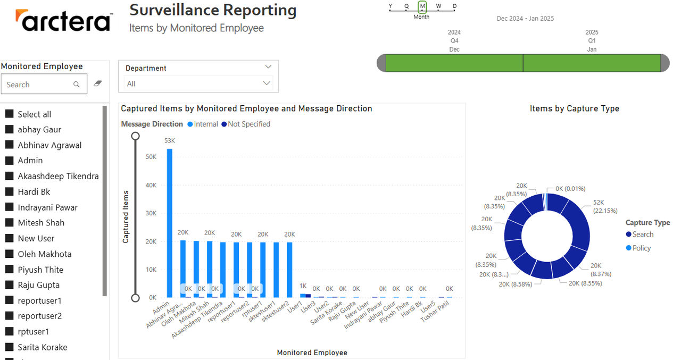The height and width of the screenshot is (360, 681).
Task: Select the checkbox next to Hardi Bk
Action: [x=10, y=191]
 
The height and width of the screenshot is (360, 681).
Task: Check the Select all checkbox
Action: [x=10, y=114]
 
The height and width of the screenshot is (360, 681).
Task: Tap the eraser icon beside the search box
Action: [x=97, y=83]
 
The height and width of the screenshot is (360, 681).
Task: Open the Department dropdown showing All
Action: [x=198, y=83]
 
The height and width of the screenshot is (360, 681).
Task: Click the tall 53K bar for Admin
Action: [x=170, y=223]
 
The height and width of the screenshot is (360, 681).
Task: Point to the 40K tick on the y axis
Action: [x=151, y=185]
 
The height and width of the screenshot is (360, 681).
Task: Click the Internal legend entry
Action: [x=203, y=124]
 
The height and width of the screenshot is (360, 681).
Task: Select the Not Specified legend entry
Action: [x=246, y=124]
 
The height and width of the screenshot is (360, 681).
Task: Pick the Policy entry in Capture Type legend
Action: [x=638, y=248]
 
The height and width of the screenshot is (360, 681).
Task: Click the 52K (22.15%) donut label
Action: [x=605, y=206]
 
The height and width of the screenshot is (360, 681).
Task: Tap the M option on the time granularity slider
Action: [x=422, y=6]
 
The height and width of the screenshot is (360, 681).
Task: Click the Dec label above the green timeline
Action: [x=454, y=49]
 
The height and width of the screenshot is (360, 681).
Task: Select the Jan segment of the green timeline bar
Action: [x=592, y=63]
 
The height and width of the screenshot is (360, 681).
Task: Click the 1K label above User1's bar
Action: [x=303, y=286]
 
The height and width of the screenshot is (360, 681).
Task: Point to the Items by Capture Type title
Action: [x=574, y=108]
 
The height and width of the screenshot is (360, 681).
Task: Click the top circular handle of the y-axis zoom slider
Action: [x=135, y=136]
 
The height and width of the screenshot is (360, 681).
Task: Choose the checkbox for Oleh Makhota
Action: [x=10, y=253]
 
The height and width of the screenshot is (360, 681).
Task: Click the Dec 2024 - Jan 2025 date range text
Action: [x=525, y=19]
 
